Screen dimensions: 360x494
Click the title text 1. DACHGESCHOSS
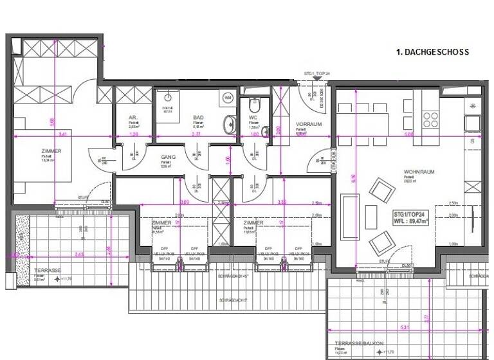[x=432, y=52]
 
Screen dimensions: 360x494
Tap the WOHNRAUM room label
[x=417, y=172]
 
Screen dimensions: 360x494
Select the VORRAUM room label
[x=308, y=124]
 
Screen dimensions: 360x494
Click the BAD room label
[x=199, y=118]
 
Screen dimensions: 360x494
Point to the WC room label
[x=253, y=118]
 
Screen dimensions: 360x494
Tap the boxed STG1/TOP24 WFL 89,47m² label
[x=419, y=216]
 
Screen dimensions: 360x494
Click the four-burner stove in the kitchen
[x=430, y=119]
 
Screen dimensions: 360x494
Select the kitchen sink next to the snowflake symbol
[x=473, y=121]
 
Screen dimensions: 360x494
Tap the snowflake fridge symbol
[x=473, y=105]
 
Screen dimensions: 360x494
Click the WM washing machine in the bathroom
[x=228, y=98]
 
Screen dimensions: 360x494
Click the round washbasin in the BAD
[x=230, y=123]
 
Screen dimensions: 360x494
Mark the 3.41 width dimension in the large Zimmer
[x=61, y=134]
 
